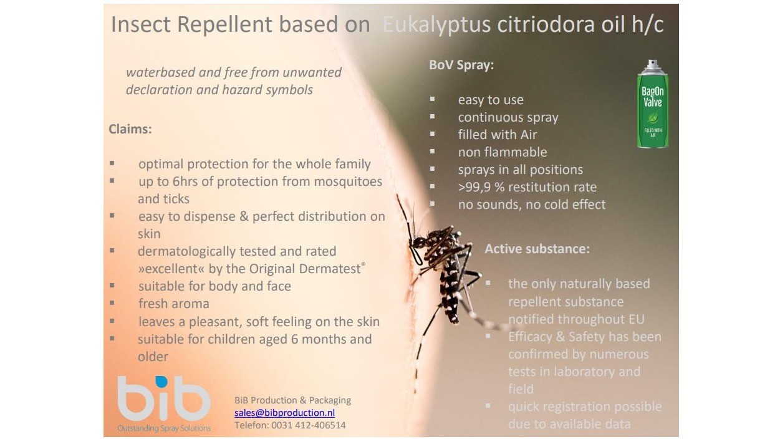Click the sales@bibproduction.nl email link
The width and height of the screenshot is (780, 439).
coord(284,413)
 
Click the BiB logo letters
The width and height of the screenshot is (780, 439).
coord(164,398)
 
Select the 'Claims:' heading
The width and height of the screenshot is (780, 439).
coord(130,130)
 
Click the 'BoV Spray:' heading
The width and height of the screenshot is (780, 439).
coord(461,65)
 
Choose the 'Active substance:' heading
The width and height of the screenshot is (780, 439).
coord(537,249)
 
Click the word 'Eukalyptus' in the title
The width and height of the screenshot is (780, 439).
coord(436,25)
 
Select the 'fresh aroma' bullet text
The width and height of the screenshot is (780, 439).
coord(173,304)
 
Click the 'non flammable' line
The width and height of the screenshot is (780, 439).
coord(502,152)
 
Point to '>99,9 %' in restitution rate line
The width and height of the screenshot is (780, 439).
coord(481,187)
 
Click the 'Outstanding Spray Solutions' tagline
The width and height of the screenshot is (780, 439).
coord(164,428)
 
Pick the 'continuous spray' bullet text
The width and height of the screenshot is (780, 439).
coord(508,117)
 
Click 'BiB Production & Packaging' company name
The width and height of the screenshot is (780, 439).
coord(292,400)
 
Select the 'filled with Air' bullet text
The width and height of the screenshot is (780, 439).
coord(497,135)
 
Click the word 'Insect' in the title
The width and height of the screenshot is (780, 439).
coord(141,25)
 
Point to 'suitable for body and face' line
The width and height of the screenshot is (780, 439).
coord(214,286)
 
